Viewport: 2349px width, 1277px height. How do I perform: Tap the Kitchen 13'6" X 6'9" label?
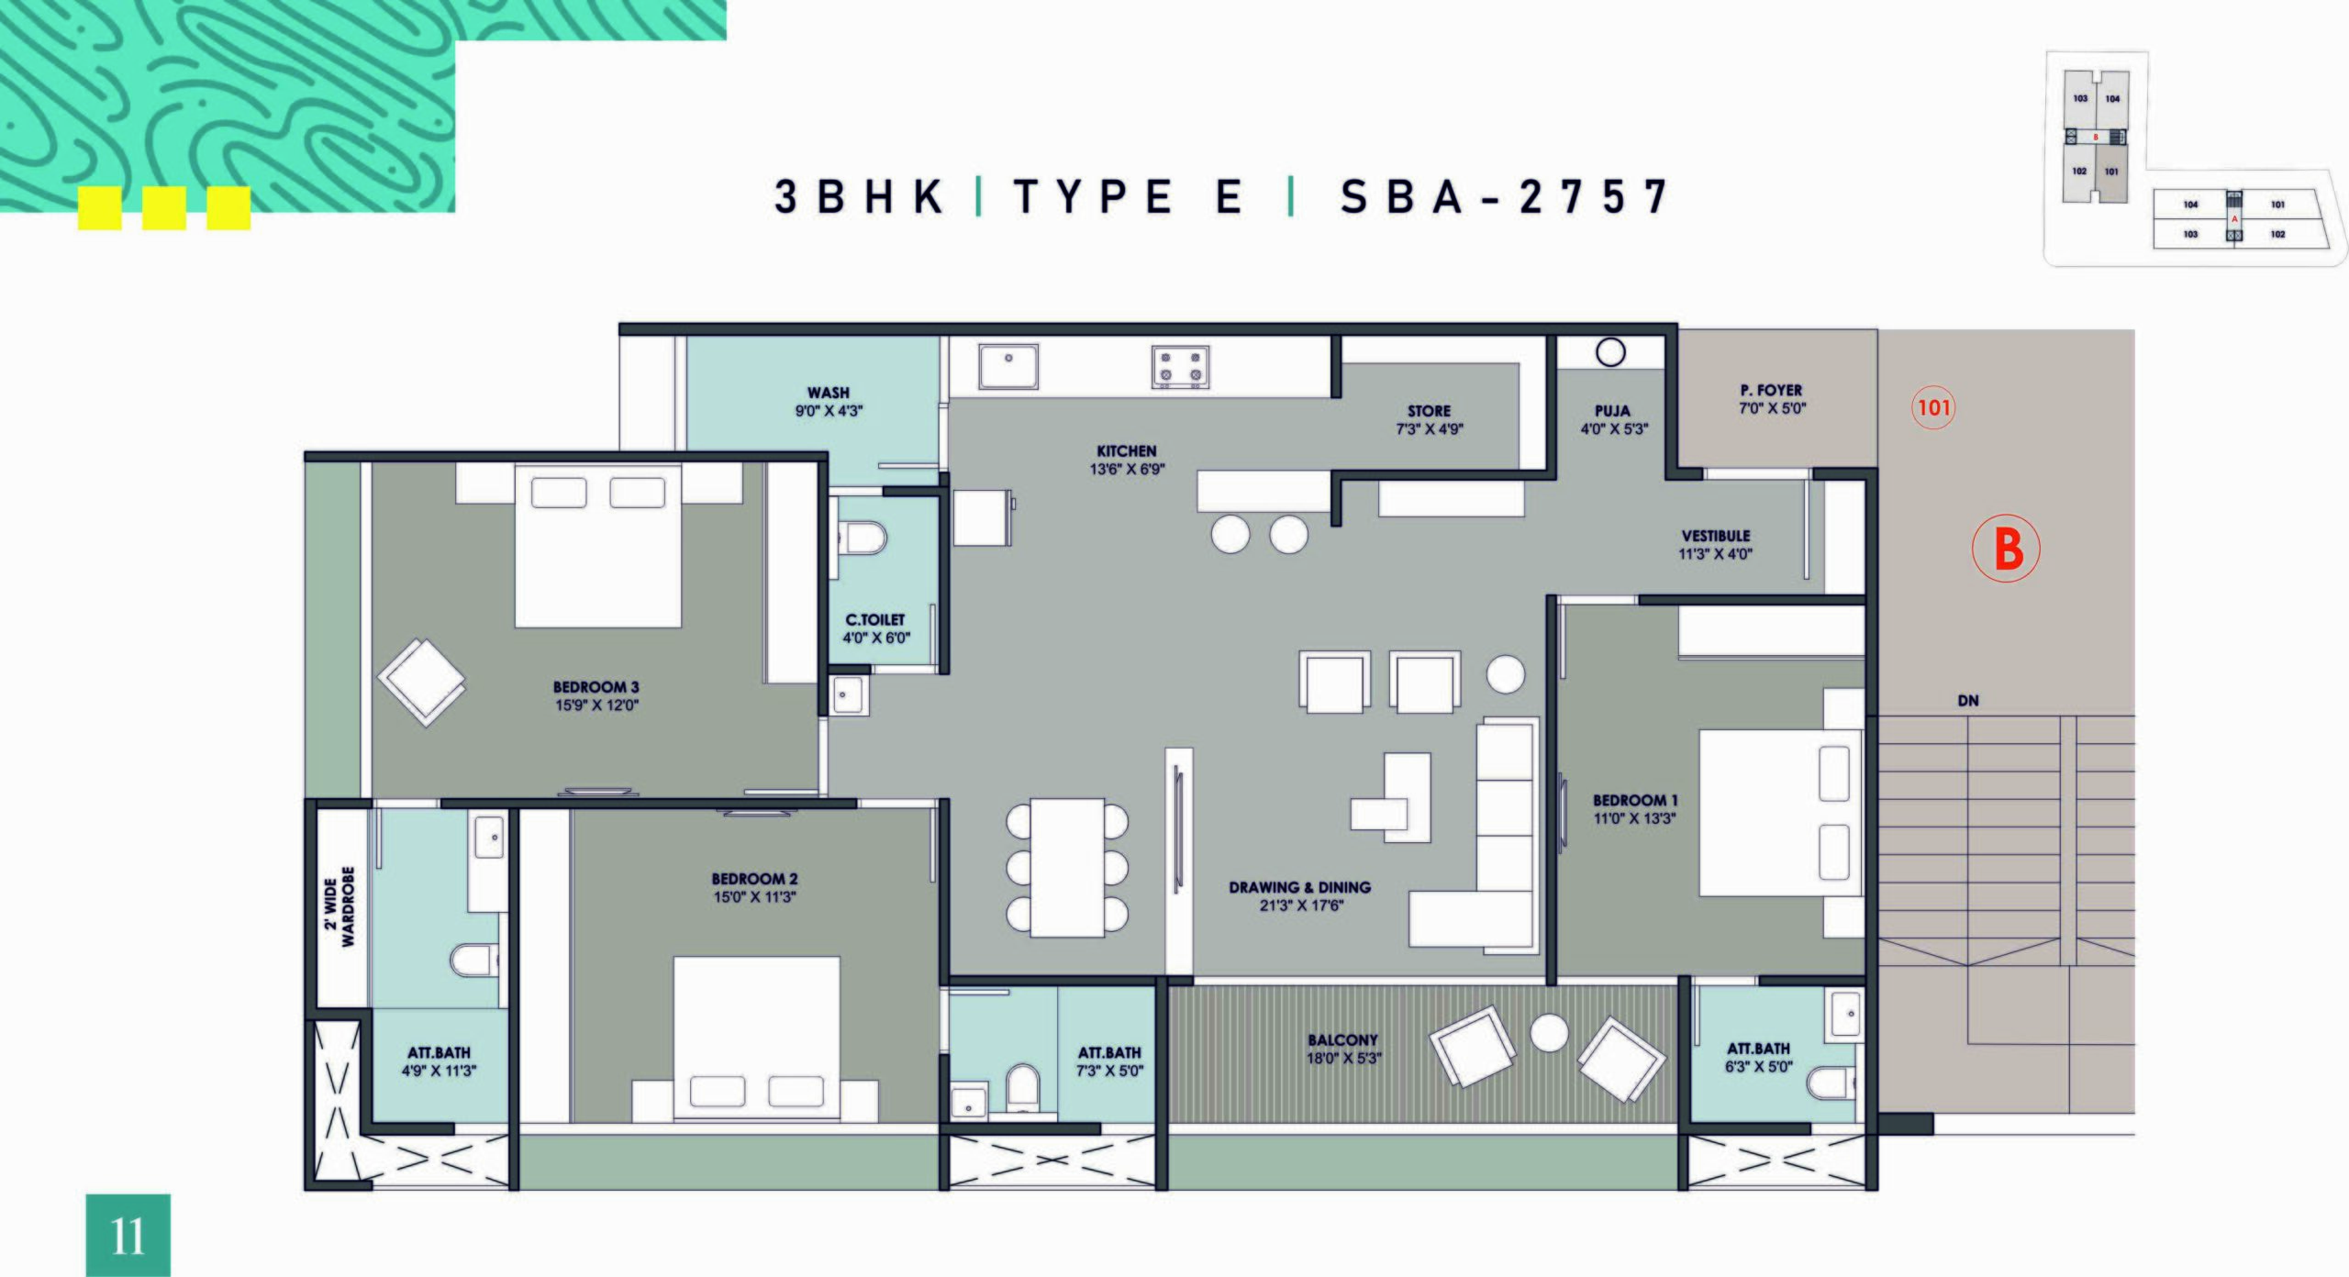(1127, 460)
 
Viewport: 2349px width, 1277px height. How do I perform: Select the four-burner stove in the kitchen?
(1180, 367)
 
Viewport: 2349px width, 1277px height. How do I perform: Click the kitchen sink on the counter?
(1008, 367)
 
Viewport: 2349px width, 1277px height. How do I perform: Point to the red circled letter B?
(2006, 549)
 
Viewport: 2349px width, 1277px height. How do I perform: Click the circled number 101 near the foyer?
(1933, 406)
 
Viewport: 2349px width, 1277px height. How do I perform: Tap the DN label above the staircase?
(1968, 701)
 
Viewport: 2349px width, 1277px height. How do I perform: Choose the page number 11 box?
(128, 1235)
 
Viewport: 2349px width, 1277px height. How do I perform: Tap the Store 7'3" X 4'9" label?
(1430, 419)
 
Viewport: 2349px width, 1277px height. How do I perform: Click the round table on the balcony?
(1550, 1033)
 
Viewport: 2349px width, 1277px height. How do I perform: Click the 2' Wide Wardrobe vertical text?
(340, 906)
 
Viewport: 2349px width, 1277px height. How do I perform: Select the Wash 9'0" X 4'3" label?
(829, 402)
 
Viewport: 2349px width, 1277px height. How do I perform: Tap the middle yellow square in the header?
(164, 208)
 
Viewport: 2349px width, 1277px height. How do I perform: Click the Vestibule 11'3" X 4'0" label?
(1716, 544)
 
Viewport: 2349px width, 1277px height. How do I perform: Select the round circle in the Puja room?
(1610, 352)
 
